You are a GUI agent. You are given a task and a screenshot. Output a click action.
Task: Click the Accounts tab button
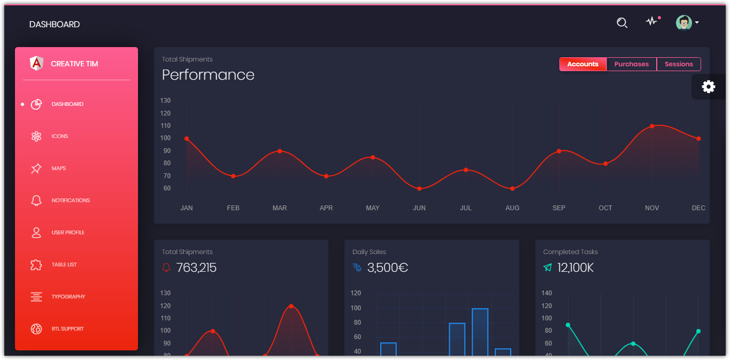point(582,64)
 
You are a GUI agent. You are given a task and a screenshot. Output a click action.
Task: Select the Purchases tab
point(631,64)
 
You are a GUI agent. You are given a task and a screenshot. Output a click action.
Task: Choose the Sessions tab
point(679,64)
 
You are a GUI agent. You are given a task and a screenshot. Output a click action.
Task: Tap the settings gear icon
point(709,87)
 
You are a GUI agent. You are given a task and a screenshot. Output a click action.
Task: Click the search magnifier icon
point(621,22)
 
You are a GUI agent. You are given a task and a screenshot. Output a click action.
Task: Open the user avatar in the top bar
point(683,22)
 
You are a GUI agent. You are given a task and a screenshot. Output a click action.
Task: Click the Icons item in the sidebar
point(59,136)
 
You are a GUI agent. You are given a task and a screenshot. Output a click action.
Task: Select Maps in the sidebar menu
point(58,168)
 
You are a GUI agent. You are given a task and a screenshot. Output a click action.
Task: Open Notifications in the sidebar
point(70,201)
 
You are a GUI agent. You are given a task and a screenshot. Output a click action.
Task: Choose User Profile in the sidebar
point(67,233)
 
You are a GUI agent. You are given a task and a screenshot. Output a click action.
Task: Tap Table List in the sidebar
point(64,265)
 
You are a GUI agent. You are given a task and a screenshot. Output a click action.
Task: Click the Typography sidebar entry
point(68,297)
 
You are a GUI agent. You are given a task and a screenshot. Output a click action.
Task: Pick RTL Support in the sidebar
point(67,329)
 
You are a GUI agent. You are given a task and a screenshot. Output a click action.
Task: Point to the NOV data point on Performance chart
point(652,126)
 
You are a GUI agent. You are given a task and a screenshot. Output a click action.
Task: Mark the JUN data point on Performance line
point(419,189)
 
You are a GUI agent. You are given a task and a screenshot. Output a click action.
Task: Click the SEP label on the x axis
point(559,208)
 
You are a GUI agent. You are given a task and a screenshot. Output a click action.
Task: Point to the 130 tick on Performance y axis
point(165,101)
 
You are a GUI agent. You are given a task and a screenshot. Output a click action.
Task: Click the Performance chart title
point(208,75)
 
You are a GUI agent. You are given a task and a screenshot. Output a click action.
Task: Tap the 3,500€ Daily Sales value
point(388,267)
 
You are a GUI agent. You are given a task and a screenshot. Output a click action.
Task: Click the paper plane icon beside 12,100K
point(548,267)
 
